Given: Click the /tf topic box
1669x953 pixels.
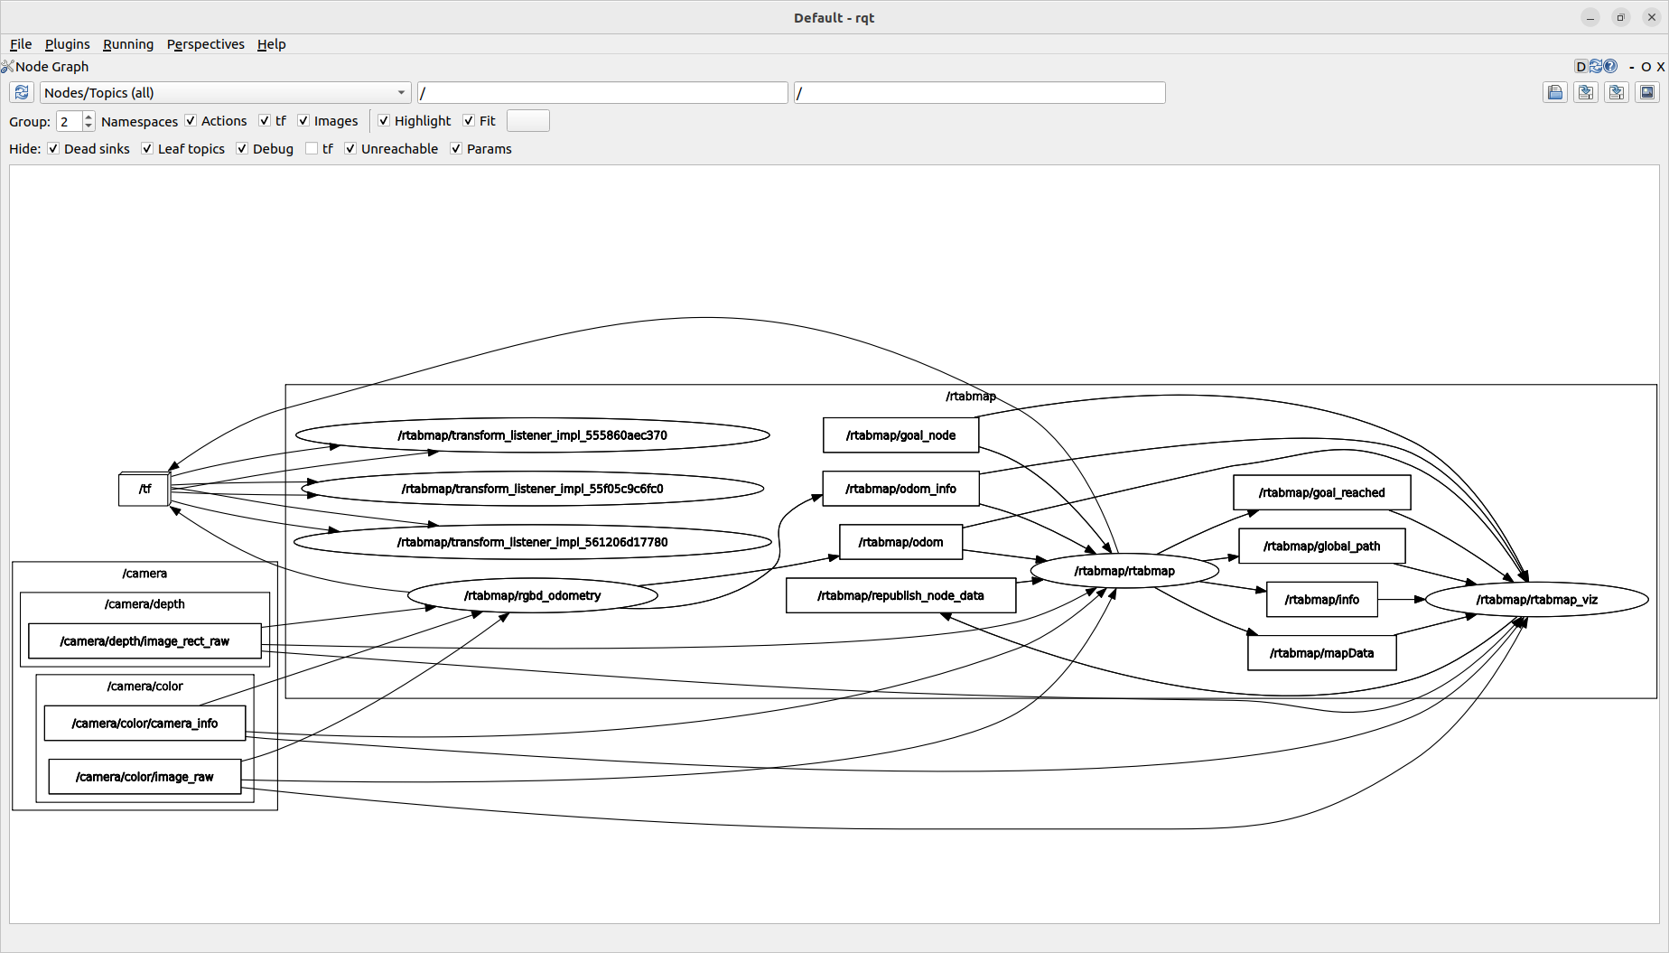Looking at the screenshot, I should [145, 489].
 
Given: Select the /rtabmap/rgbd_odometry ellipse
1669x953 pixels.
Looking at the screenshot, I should [532, 595].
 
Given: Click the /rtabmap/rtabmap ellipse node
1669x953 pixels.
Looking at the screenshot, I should [1124, 571].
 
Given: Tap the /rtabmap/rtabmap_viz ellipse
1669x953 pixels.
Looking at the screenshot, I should [1536, 600].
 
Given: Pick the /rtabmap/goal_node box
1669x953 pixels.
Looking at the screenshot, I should [900, 435].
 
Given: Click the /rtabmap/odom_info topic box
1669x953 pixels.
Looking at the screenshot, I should [900, 489].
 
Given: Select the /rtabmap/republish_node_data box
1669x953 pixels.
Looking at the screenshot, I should [900, 595].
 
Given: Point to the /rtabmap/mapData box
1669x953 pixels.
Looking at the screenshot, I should [1321, 653].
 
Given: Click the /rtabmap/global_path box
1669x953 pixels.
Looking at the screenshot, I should [1321, 546].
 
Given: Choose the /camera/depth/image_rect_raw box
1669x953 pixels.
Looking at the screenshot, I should [145, 641].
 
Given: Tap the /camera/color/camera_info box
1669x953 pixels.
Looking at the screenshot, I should [145, 724].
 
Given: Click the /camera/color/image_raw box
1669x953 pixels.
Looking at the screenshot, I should [145, 777].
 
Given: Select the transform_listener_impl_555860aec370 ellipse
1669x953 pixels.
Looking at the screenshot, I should [532, 435].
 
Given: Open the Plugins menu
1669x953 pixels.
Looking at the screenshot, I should [67, 44].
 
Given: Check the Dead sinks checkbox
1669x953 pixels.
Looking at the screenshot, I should [53, 149].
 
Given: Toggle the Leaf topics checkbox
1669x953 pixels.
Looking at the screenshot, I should [147, 149].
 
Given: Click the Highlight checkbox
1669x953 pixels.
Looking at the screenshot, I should [384, 121].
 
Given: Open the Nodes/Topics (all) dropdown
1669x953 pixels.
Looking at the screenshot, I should [225, 93].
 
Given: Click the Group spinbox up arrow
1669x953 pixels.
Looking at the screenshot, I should [89, 117].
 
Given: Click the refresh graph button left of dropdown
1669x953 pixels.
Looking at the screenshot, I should [22, 93].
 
